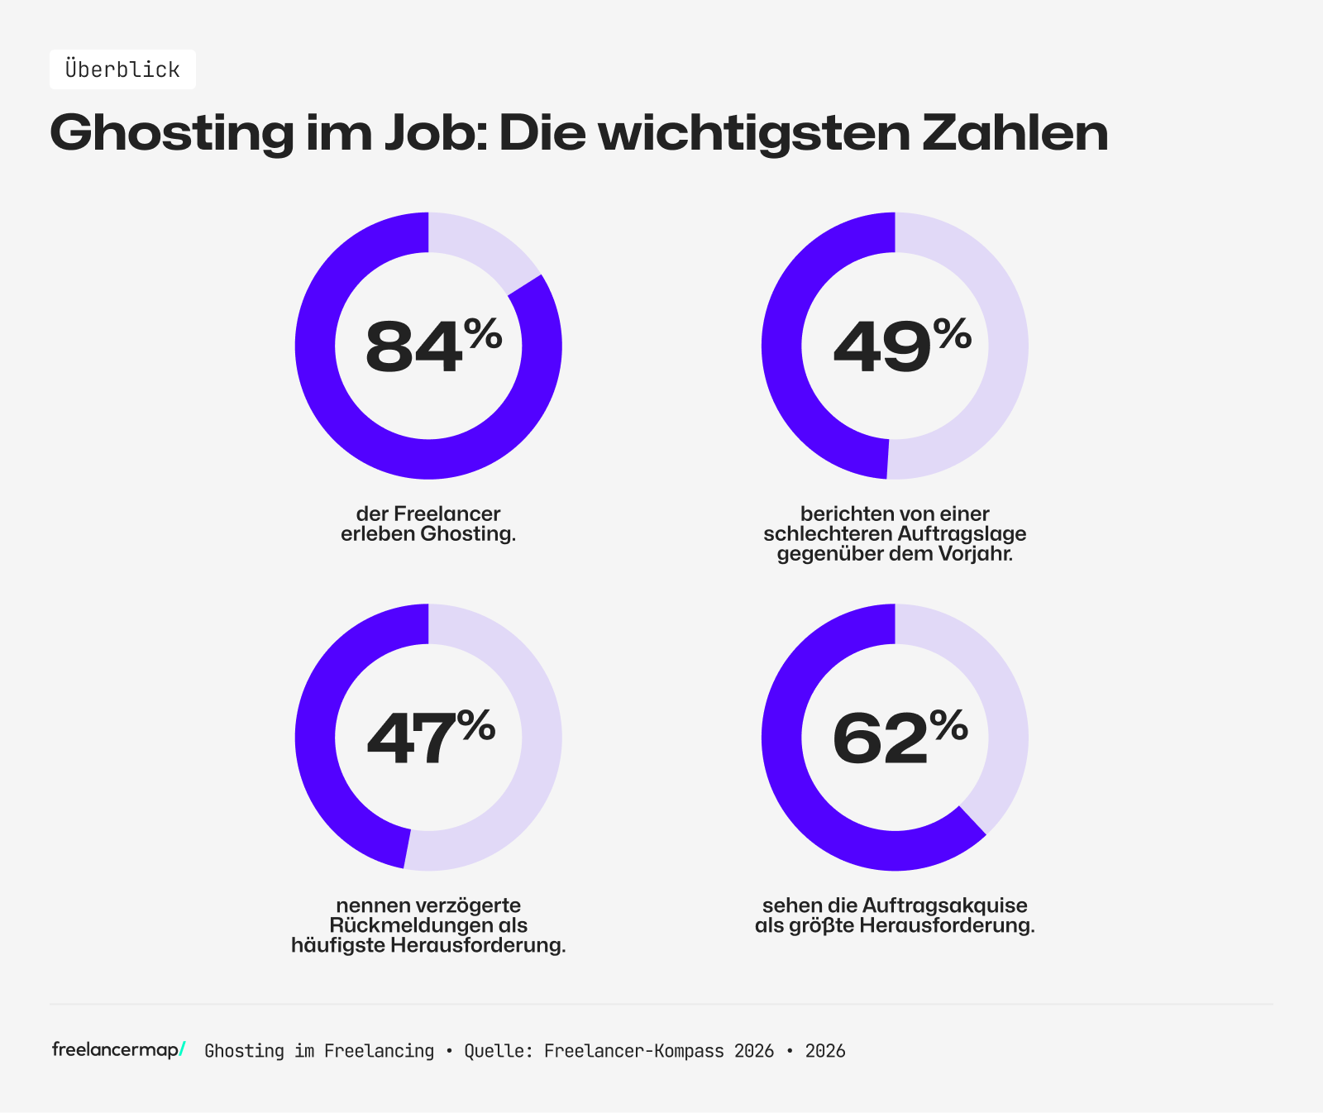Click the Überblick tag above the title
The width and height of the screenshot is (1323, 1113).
[x=122, y=69]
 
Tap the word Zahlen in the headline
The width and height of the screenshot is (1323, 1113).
[x=1015, y=132]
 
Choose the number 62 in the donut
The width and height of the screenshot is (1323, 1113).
[x=880, y=738]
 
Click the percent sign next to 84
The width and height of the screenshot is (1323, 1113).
[x=483, y=334]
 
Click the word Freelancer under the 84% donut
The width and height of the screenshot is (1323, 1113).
[x=447, y=514]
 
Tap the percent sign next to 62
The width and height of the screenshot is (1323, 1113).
[x=948, y=726]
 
